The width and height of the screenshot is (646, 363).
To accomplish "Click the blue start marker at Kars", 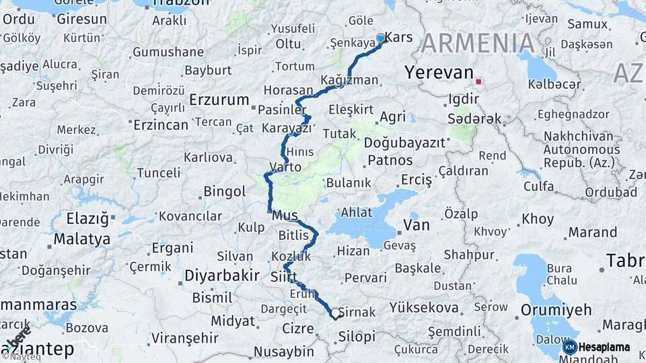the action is (382, 38).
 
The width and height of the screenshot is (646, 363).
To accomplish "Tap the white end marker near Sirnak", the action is (335, 313).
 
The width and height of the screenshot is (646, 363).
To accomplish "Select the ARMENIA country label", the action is (479, 44).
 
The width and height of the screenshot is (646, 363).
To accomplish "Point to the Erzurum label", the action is (219, 99).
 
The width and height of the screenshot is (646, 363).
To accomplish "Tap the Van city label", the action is (416, 225).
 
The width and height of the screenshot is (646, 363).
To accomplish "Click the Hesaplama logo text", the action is (604, 347).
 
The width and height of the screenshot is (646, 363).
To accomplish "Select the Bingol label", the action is (225, 192).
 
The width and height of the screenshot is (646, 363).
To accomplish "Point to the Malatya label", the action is (82, 239).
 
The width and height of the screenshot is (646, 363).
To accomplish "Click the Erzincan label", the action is (161, 124).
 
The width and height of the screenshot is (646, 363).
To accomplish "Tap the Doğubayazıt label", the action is (405, 143).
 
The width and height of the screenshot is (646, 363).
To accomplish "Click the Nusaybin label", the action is (284, 352).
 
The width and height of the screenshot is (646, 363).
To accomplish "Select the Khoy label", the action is (538, 218).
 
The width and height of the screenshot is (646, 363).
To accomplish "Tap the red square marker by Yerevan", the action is (478, 82).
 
